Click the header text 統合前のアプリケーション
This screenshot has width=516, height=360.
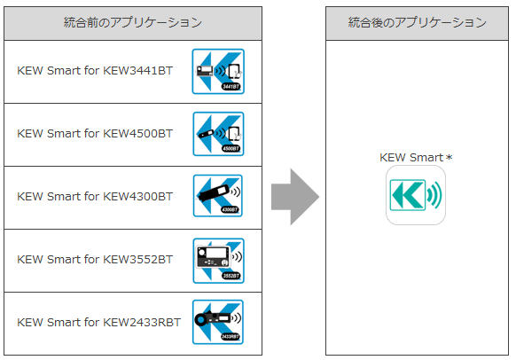coord(133,22)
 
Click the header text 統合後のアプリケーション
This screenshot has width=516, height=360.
coord(418,22)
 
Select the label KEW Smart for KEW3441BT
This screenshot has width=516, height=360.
coord(95,70)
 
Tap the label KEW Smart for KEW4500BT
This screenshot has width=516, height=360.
coord(95,133)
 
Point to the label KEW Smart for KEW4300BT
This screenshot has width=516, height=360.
coord(95,196)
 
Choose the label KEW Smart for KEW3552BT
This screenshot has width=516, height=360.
coord(95,259)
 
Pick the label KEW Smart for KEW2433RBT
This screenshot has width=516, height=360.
coord(98,322)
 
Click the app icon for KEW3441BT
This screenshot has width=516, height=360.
coord(218,72)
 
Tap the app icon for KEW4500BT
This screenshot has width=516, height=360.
coord(218,134)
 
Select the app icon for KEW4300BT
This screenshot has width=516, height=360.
coord(218,196)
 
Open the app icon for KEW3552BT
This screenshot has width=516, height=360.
coord(218,261)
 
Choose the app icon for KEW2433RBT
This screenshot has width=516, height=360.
coord(218,322)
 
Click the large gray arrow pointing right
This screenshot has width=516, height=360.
coord(295,197)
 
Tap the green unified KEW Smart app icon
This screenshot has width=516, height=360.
coord(416,195)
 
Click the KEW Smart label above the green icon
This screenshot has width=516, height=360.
coord(411,157)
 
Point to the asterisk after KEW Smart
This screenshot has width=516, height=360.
coord(450,157)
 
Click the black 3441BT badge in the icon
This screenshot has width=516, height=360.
coord(231,87)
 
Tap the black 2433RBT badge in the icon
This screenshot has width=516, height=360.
coord(231,336)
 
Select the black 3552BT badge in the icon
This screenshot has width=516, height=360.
coord(231,276)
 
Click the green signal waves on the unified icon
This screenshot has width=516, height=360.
coord(434,195)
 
